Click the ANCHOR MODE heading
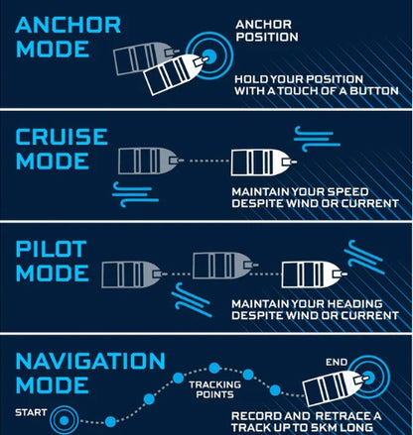pos(68,37)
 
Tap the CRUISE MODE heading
pos(62,149)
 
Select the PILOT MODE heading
pos(52,261)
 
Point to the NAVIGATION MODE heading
pos(90,373)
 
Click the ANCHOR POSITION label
pos(267,31)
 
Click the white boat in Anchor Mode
pos(176,74)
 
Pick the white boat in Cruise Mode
pos(263,163)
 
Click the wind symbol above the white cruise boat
pos(317,139)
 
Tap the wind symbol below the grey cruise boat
pos(135,194)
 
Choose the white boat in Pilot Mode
pos(314,274)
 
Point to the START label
pos(31,412)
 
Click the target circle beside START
pos(65,420)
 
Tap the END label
pos(337,363)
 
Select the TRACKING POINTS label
pos(214,389)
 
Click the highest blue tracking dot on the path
pos(214,368)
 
